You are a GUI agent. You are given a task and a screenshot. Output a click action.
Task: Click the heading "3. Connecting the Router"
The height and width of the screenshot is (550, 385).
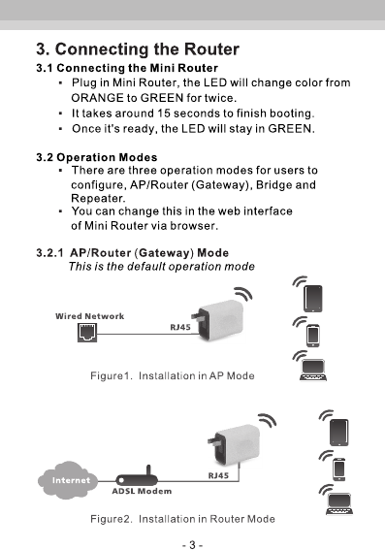click(x=138, y=49)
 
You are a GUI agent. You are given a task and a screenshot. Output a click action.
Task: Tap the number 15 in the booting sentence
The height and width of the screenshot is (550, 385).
click(x=163, y=113)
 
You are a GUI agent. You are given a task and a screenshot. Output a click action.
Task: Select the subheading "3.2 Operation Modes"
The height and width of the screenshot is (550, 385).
click(x=97, y=157)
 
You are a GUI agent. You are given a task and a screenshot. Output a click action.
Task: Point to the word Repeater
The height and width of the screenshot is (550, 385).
click(x=98, y=199)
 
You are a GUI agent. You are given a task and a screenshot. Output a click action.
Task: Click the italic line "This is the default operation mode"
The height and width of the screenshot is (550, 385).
click(x=162, y=267)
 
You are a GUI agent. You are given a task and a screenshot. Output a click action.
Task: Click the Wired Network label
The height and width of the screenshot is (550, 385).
click(x=90, y=316)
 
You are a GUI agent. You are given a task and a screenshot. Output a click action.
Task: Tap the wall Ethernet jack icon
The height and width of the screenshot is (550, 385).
click(x=87, y=333)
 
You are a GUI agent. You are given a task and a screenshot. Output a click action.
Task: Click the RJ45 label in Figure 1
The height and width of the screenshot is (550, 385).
click(x=180, y=327)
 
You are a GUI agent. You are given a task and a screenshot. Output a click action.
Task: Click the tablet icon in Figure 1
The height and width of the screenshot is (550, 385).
click(x=313, y=299)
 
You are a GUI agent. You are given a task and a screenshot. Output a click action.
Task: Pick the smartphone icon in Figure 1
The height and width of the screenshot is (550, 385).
click(x=313, y=336)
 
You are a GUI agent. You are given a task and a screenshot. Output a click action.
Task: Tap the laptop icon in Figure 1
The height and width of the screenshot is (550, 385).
click(x=313, y=370)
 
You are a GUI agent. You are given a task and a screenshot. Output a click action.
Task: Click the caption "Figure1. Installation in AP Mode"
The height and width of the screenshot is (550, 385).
click(x=173, y=376)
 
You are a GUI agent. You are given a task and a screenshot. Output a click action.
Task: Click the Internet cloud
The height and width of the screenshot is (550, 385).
click(x=68, y=480)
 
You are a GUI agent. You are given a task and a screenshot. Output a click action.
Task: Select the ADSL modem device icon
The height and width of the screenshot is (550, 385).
click(x=137, y=478)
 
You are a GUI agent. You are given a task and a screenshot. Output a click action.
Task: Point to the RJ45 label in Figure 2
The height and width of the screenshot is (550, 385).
click(x=218, y=475)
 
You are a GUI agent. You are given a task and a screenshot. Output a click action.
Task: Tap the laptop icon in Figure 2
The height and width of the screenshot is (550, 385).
click(x=339, y=503)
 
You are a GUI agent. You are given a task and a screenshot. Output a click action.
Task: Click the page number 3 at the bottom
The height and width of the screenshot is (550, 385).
click(x=192, y=545)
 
